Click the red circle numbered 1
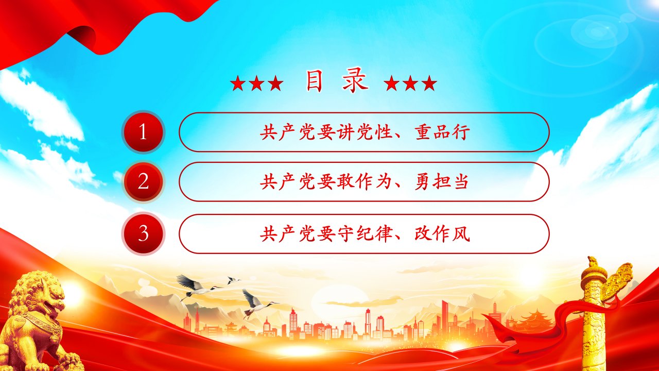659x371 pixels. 143,132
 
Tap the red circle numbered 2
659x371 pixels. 143,182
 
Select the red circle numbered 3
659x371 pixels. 143,234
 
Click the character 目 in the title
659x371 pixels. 314,81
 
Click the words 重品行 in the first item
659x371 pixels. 442,132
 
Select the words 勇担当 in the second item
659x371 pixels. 441,182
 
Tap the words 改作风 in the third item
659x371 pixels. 442,234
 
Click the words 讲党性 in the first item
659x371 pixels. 365,132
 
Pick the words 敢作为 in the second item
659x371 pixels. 365,182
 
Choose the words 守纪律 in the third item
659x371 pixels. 365,234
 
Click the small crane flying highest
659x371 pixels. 233,280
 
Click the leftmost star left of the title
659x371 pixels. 237,83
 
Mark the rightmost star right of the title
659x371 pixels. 429,83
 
